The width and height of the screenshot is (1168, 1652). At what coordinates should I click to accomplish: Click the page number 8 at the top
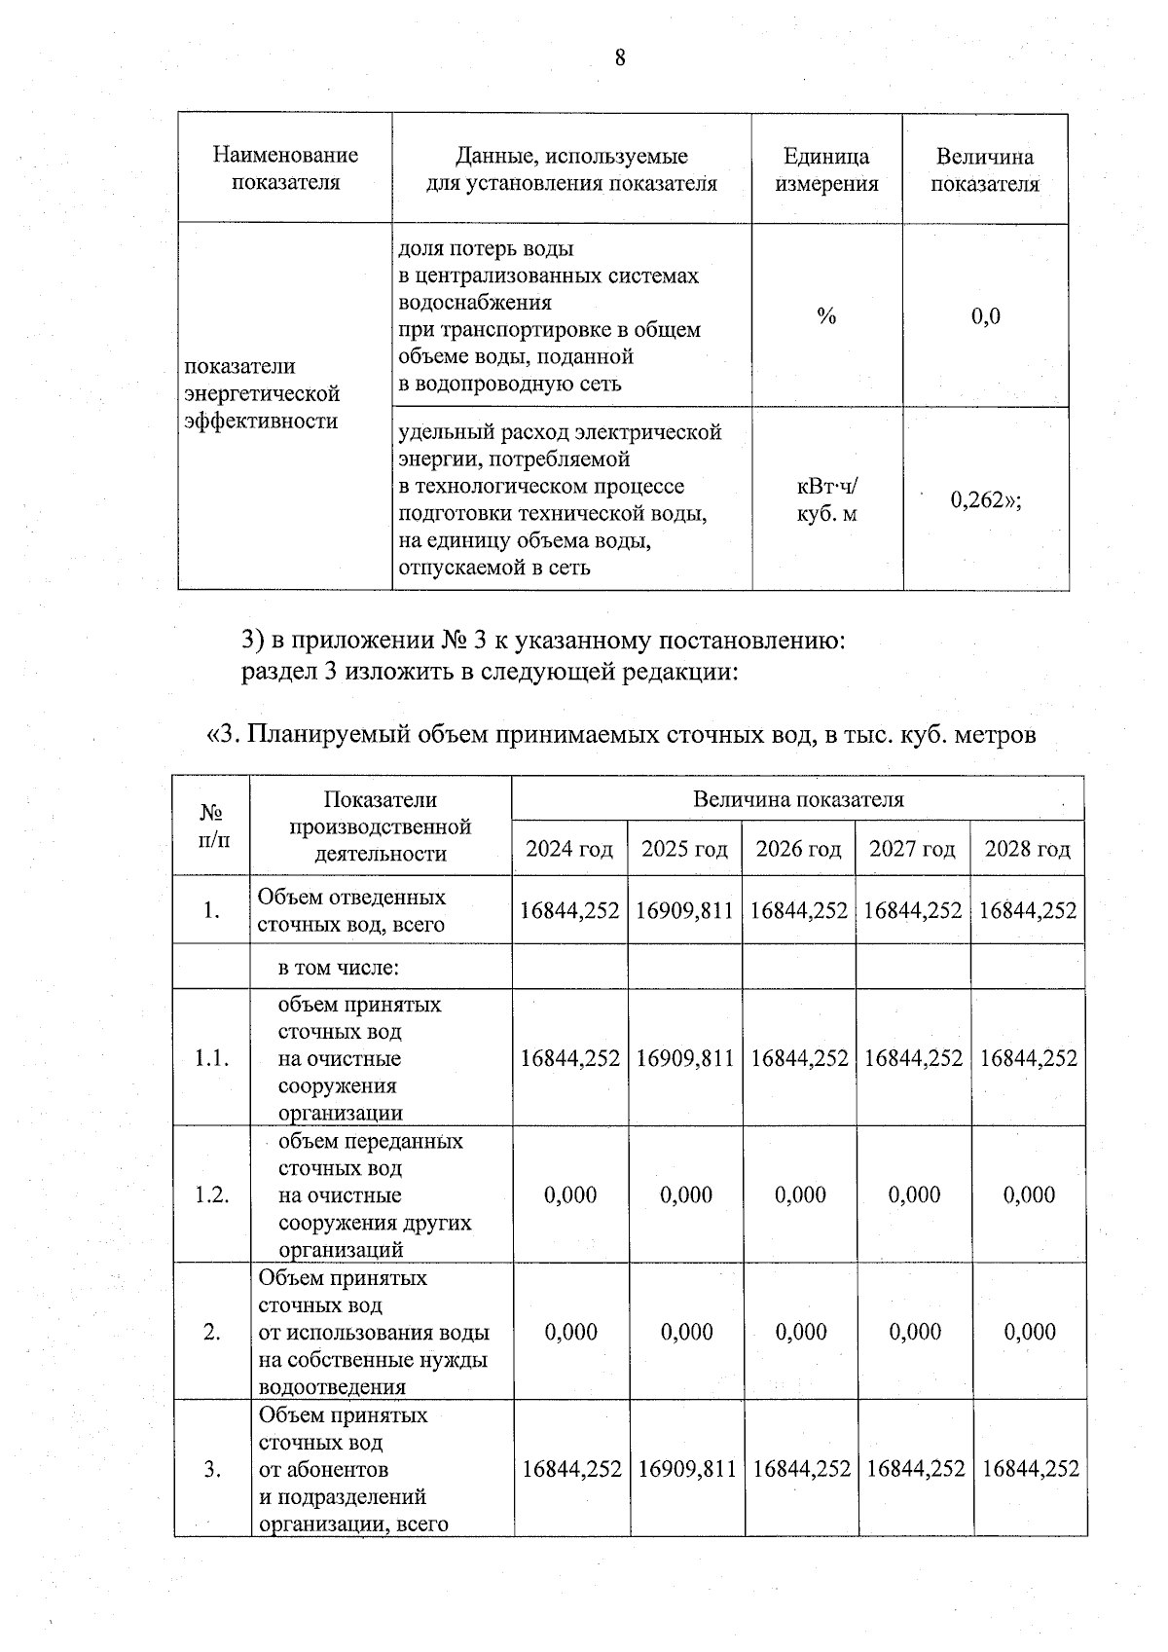[620, 59]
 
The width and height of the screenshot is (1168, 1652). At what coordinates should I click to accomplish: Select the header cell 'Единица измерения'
[826, 170]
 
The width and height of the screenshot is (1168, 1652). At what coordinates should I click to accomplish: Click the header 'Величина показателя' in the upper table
[985, 170]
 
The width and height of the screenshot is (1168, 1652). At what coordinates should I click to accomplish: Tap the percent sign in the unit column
[826, 316]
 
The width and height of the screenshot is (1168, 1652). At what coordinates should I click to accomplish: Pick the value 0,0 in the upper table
[985, 316]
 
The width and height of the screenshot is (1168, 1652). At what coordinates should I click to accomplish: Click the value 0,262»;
[985, 500]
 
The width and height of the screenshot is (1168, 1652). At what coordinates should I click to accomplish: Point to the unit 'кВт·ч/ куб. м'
[826, 499]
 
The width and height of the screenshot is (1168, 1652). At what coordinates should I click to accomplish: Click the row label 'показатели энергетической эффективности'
[263, 393]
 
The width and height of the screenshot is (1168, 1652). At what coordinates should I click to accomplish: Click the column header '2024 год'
[569, 850]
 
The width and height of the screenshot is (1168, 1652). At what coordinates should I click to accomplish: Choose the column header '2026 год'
[799, 850]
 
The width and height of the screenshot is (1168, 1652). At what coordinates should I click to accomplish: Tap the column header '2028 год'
[1028, 850]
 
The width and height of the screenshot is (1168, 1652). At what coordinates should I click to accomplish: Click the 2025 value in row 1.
[684, 911]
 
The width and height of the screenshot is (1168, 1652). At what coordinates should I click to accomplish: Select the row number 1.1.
[211, 1058]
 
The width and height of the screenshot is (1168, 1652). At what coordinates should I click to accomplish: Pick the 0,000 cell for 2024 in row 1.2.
[570, 1195]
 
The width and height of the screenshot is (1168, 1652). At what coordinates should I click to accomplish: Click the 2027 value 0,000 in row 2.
[915, 1332]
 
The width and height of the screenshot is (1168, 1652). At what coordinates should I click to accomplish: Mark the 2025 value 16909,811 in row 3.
[686, 1469]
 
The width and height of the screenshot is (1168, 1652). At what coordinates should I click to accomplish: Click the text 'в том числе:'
[339, 968]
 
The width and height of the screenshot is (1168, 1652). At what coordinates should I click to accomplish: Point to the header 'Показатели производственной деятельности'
[381, 826]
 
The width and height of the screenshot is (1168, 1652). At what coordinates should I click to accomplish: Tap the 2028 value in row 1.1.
[1029, 1058]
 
